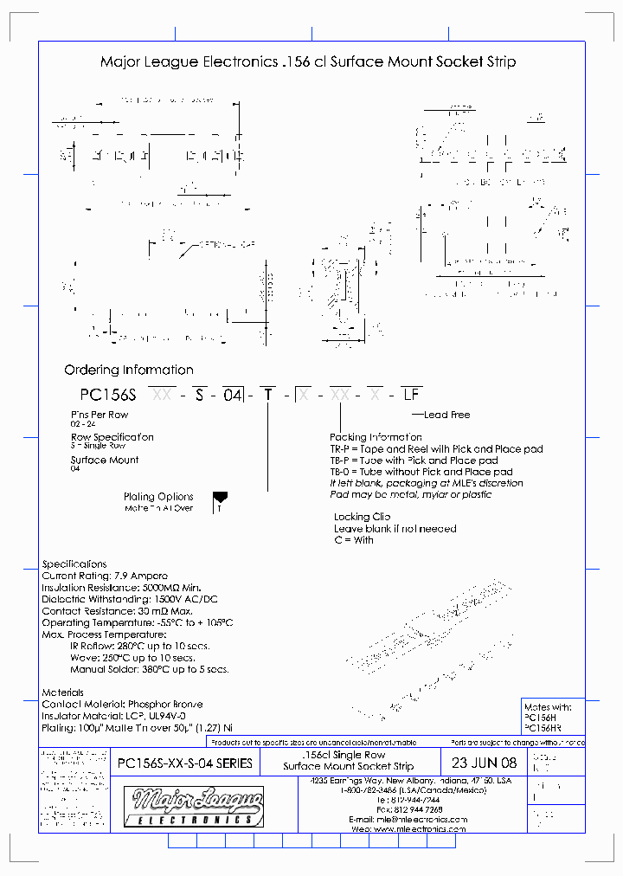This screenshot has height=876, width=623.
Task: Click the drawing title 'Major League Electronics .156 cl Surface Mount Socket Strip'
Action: coord(308,62)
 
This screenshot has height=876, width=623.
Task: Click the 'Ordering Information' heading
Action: coord(129,370)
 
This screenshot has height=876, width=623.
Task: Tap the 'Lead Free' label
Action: coord(446,415)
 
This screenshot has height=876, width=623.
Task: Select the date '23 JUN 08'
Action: coord(485,763)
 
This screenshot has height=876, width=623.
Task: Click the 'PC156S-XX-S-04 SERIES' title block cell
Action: coord(184,763)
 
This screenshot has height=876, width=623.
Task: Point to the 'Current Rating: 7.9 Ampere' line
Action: coord(105,576)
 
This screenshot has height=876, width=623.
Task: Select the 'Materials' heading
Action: coord(63,692)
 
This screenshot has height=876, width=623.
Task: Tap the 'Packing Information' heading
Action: coord(373,437)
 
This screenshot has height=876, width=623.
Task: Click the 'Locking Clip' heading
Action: coord(363,517)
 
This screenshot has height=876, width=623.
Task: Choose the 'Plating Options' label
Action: coord(158,497)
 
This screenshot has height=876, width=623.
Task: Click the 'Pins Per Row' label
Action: coord(99,415)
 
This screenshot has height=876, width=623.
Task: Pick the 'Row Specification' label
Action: coord(112,437)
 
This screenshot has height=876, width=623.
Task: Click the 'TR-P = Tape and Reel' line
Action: coord(436,449)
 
